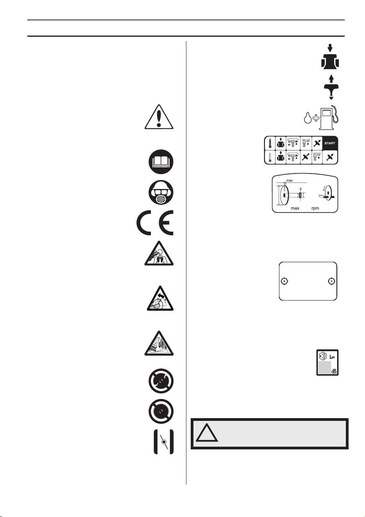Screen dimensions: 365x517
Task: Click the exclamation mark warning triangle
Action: pyautogui.click(x=159, y=117)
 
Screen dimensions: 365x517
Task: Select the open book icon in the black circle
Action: pyautogui.click(x=161, y=162)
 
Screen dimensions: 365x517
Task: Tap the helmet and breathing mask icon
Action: pyautogui.click(x=161, y=193)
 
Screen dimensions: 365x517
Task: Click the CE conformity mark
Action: pyautogui.click(x=155, y=222)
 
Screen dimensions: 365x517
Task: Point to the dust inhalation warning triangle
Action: pyautogui.click(x=159, y=254)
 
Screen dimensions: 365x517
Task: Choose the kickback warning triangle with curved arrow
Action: pyautogui.click(x=160, y=299)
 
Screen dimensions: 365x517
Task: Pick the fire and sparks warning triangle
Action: pyautogui.click(x=159, y=343)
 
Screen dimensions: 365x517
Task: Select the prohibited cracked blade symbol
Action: pyautogui.click(x=161, y=381)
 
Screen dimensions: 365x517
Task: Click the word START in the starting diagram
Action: pyautogui.click(x=329, y=143)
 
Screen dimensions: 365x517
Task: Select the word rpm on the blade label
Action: pyautogui.click(x=315, y=208)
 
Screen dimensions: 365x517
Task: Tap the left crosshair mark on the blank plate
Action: pyautogui.click(x=284, y=281)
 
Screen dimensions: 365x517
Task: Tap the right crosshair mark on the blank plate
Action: pyautogui.click(x=331, y=281)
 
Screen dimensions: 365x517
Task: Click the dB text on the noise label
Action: pyautogui.click(x=334, y=372)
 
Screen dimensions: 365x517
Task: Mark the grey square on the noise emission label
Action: pyautogui.click(x=325, y=367)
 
